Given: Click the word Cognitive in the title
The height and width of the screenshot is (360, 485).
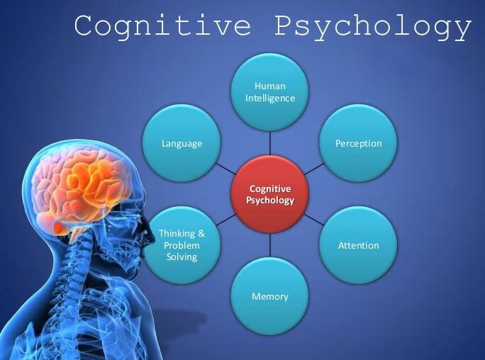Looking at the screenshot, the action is (x=163, y=26).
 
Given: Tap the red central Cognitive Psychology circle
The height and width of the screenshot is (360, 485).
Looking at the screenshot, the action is (x=270, y=194).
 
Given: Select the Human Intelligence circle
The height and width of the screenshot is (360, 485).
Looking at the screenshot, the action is (x=270, y=92).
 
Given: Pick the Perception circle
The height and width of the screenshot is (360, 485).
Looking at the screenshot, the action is (x=358, y=143).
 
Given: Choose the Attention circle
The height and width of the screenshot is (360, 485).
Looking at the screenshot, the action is (x=358, y=245).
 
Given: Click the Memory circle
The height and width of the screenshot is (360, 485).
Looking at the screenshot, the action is (x=270, y=296).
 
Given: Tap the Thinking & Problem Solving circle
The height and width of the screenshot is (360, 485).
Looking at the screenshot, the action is (x=182, y=245).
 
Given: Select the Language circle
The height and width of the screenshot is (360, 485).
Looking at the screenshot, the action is (x=182, y=143).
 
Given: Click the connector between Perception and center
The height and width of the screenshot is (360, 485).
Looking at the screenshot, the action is (x=314, y=169).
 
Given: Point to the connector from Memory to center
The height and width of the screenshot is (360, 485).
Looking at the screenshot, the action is (x=270, y=244).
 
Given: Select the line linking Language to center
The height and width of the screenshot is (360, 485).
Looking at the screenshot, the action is (x=225, y=169).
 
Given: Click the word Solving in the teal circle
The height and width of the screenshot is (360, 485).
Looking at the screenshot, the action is (x=182, y=257).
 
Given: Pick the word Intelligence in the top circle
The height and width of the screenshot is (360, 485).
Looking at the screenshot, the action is (x=270, y=99).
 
